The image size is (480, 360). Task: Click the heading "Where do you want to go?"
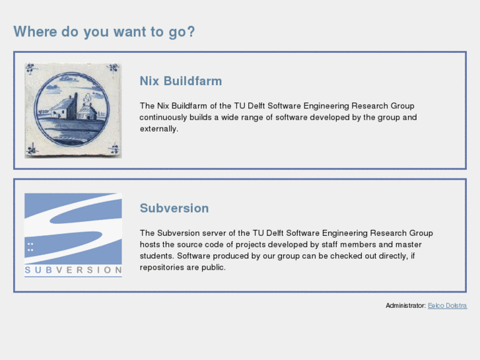[104, 32]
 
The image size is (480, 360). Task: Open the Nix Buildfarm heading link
[180, 81]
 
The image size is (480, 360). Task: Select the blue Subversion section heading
[174, 208]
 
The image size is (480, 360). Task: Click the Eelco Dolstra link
[447, 306]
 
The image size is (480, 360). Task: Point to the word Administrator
[405, 306]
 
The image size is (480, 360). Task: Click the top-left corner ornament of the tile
[31, 68]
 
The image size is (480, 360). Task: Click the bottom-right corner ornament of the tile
[115, 151]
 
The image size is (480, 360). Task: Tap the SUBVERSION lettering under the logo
[73, 270]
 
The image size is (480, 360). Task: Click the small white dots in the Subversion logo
[30, 247]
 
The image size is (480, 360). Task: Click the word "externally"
[158, 129]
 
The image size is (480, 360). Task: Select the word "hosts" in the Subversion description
[149, 244]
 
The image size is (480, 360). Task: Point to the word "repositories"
[162, 268]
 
